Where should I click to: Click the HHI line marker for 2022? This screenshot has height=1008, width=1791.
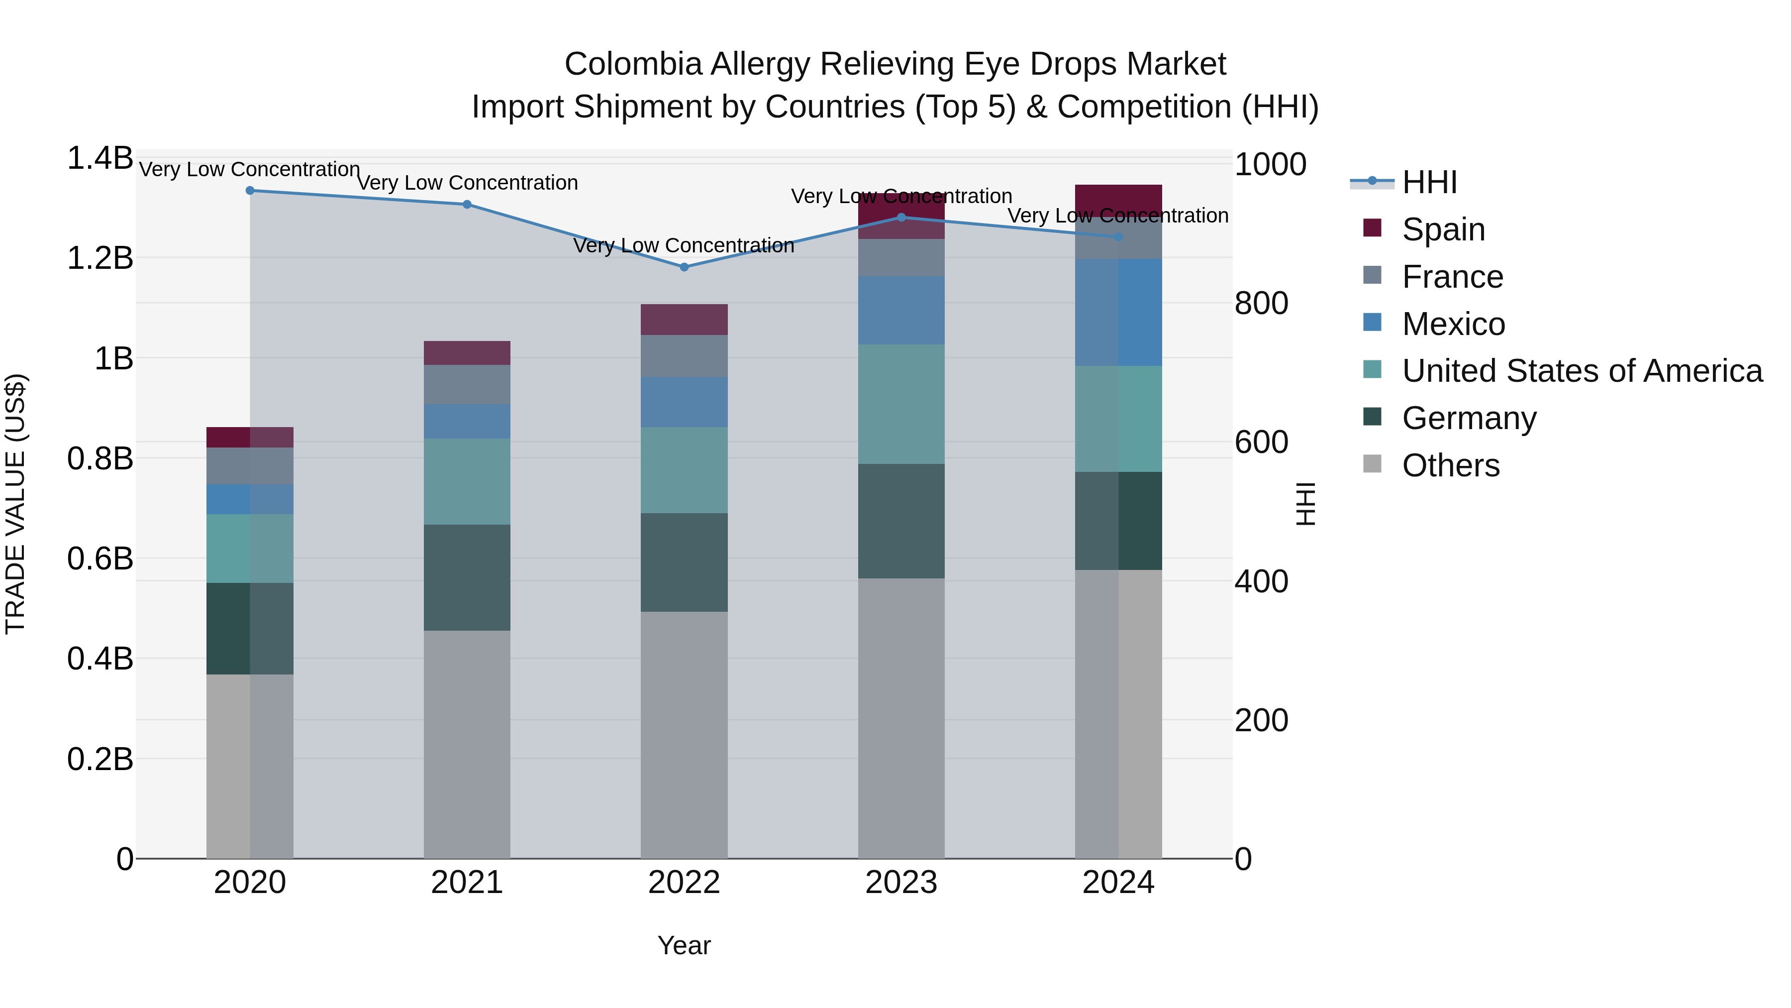click(x=684, y=267)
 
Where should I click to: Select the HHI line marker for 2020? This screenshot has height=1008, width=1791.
click(x=250, y=191)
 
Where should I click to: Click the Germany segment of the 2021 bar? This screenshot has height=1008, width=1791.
click(x=467, y=577)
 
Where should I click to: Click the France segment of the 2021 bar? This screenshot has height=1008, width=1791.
click(x=467, y=385)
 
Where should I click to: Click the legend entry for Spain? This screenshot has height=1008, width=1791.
click(x=1443, y=229)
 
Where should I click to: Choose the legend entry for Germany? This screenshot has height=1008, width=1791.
click(x=1469, y=418)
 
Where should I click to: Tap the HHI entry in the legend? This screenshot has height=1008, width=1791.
click(x=1429, y=182)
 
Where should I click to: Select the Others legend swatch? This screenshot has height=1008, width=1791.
click(x=1373, y=463)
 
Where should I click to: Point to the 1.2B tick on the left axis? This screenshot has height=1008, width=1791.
click(x=100, y=258)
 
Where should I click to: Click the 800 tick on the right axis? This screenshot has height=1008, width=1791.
click(x=1261, y=303)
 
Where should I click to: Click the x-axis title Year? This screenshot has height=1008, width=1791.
click(x=684, y=945)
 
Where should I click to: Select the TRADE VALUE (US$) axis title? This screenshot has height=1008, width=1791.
click(x=15, y=504)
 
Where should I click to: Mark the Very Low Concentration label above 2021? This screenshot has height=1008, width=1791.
click(x=467, y=183)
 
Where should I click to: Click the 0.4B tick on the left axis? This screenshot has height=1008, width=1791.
click(x=100, y=658)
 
